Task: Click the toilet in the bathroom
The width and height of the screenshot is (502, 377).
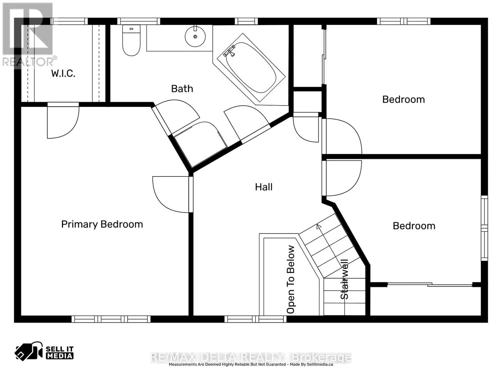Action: click(131, 41)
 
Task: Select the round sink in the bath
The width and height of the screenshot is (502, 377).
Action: click(195, 36)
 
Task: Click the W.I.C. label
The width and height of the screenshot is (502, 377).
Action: click(63, 74)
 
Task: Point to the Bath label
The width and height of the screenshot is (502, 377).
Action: click(182, 89)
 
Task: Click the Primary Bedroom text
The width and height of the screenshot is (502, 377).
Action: click(102, 224)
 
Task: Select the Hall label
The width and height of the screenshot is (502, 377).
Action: click(264, 187)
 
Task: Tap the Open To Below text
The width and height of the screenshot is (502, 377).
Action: click(291, 279)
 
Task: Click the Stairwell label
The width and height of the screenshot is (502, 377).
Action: click(344, 279)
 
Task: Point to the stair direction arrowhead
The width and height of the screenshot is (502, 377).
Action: click(319, 227)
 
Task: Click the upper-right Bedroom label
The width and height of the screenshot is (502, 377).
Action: click(403, 100)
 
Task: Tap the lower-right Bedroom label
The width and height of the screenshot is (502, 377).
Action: click(414, 226)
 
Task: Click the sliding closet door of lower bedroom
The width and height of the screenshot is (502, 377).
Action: click(430, 285)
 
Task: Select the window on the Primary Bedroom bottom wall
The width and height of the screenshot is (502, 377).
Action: click(111, 319)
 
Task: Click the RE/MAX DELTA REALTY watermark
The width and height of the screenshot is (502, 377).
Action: click(251, 358)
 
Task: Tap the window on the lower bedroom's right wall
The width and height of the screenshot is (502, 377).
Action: click(484, 228)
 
